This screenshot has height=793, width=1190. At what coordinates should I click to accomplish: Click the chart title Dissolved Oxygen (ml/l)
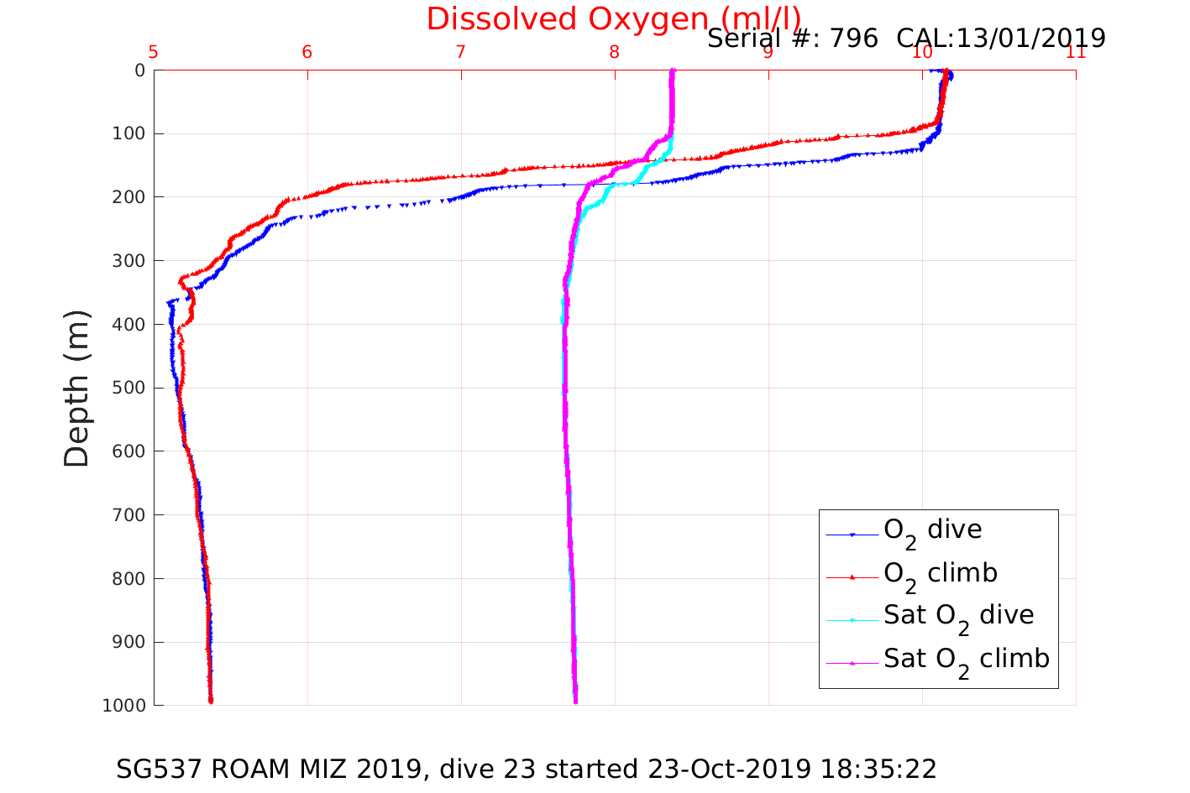click(613, 18)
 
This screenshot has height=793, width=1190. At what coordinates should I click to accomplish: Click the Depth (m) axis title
click(76, 388)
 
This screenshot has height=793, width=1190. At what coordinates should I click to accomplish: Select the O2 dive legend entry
click(932, 530)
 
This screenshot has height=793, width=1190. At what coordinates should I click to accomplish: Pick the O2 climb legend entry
click(940, 574)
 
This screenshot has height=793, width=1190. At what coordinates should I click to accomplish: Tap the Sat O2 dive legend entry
click(958, 616)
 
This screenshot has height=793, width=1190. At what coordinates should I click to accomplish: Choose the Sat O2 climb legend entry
click(966, 660)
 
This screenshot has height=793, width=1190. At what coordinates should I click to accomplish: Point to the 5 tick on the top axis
click(154, 52)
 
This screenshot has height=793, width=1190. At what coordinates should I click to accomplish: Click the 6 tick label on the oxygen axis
click(307, 52)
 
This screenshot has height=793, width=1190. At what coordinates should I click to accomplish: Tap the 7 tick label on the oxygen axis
click(461, 52)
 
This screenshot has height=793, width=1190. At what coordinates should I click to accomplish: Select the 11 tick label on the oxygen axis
click(1075, 52)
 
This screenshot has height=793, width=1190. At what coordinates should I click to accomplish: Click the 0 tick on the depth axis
click(139, 70)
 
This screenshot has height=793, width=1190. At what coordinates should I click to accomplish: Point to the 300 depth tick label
click(128, 261)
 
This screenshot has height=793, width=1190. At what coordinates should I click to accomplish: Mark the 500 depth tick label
click(128, 388)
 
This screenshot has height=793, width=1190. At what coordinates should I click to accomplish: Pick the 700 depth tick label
click(128, 514)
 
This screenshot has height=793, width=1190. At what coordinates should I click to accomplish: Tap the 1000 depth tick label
click(123, 705)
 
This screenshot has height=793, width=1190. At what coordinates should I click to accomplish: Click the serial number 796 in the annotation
click(853, 38)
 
